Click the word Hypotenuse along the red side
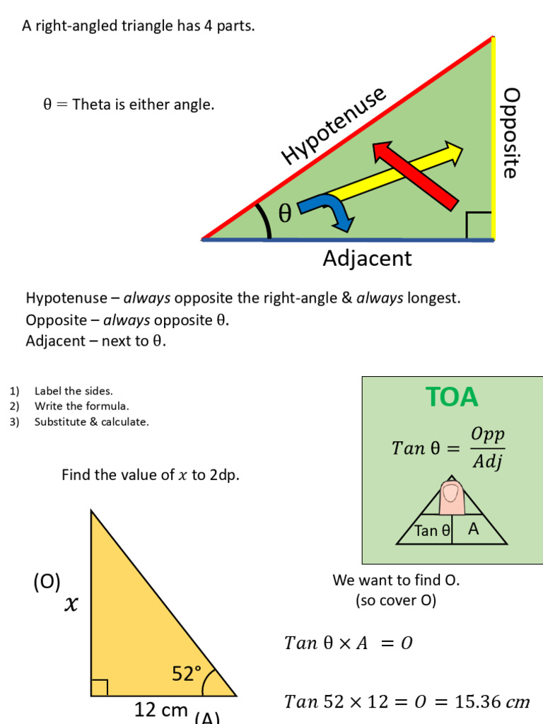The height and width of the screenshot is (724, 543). tap(334, 126)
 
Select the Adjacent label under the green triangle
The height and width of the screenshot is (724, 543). tap(367, 258)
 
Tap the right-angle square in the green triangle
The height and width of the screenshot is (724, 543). tap(479, 226)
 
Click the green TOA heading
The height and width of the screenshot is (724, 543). tap(452, 397)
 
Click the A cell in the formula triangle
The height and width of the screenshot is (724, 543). tap(474, 529)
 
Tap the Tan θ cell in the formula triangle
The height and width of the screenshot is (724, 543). tap(432, 530)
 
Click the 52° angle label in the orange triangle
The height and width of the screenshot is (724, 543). tap(187, 674)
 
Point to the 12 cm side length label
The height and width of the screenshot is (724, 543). tap(161, 709)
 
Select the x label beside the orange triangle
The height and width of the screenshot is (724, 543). tap(71, 605)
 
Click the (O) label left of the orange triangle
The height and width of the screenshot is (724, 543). tap(47, 582)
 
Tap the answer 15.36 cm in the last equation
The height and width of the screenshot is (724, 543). tap(494, 702)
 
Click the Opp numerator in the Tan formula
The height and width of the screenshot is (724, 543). tap(488, 434)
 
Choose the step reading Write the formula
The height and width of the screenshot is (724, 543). tap(81, 406)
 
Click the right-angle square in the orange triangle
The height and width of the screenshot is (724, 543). tap(99, 687)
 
